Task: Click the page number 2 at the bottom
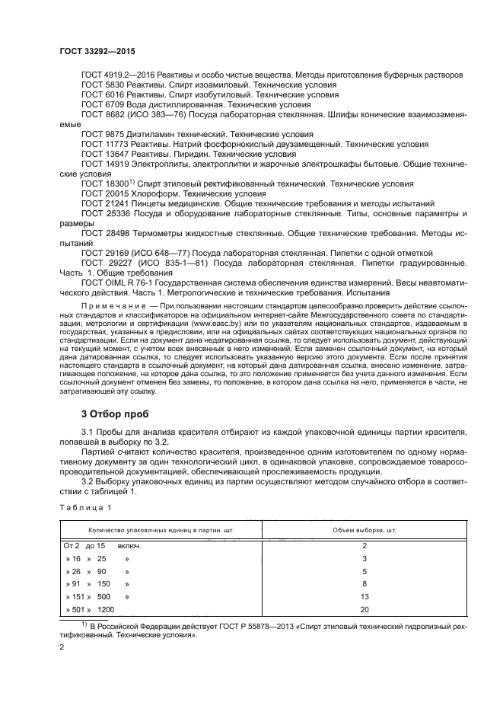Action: (x=62, y=647)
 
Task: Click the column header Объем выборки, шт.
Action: (x=365, y=529)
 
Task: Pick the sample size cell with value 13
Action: (x=365, y=596)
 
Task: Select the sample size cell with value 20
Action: (x=365, y=610)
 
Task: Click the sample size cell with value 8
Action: (x=365, y=583)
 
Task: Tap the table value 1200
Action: (x=106, y=610)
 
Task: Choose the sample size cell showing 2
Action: (x=365, y=546)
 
